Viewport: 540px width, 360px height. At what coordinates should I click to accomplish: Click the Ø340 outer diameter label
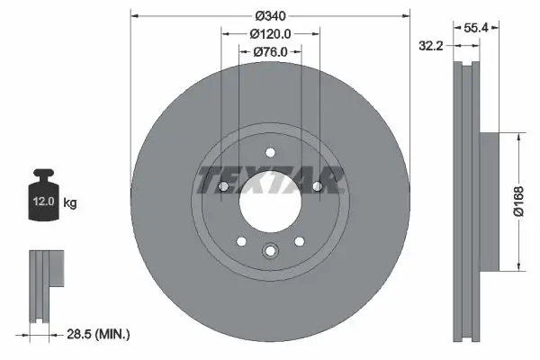click(x=270, y=15)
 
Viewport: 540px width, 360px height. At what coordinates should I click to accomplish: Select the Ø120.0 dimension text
click(x=270, y=33)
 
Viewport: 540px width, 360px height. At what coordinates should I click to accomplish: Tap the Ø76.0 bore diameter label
click(x=270, y=51)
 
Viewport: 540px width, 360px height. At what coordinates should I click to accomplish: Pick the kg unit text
click(x=70, y=203)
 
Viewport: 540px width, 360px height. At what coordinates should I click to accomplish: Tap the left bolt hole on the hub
click(x=222, y=186)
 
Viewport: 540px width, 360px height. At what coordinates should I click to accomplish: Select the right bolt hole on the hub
click(x=318, y=186)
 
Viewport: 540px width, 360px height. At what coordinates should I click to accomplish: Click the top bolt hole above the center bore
click(x=270, y=153)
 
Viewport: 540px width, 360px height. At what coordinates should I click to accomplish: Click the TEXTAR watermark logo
click(x=270, y=179)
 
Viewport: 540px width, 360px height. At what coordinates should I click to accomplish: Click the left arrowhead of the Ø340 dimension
click(x=136, y=15)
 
